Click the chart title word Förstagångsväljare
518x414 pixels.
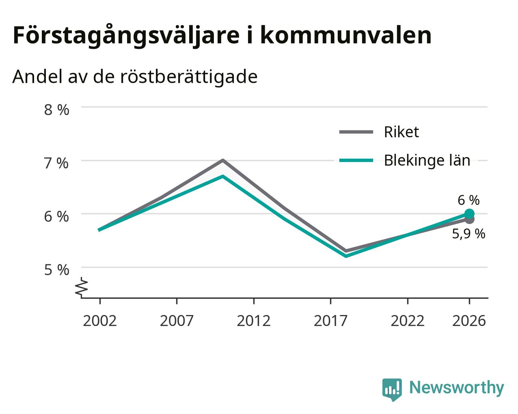126,36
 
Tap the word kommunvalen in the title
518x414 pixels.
346,35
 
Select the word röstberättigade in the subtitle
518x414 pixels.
189,77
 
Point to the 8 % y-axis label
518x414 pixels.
56,110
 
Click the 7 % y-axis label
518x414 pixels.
56,164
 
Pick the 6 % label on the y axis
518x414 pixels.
56,217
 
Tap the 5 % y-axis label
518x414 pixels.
56,270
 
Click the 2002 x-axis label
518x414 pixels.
99,321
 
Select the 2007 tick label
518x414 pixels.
177,321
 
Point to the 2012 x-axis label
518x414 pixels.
254,321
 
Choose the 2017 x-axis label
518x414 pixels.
331,321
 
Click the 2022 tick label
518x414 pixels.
408,321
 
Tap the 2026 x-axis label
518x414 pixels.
469,321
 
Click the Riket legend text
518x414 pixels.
401,132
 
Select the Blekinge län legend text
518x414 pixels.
427,160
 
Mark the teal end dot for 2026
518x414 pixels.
469,213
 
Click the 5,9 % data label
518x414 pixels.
468,234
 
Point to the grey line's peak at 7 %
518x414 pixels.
223,160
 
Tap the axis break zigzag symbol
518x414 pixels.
82,287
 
